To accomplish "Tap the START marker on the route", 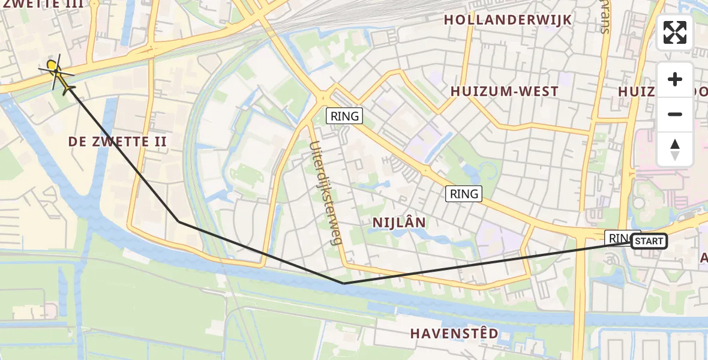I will click(x=649, y=241).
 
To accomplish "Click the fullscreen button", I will click(x=675, y=32).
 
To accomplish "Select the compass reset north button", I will click(x=675, y=149).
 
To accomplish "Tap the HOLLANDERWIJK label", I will click(x=508, y=20).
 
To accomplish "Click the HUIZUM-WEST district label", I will click(x=504, y=92).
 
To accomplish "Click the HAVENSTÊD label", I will click(x=454, y=333).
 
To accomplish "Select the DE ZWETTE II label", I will click(x=118, y=142).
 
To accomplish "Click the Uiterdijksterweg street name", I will click(x=325, y=192).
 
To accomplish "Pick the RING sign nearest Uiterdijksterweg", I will click(x=344, y=116).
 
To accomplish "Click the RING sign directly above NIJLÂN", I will click(x=464, y=194).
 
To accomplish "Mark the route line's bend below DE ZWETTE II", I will click(x=179, y=221).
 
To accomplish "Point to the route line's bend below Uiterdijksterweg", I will click(x=343, y=283).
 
